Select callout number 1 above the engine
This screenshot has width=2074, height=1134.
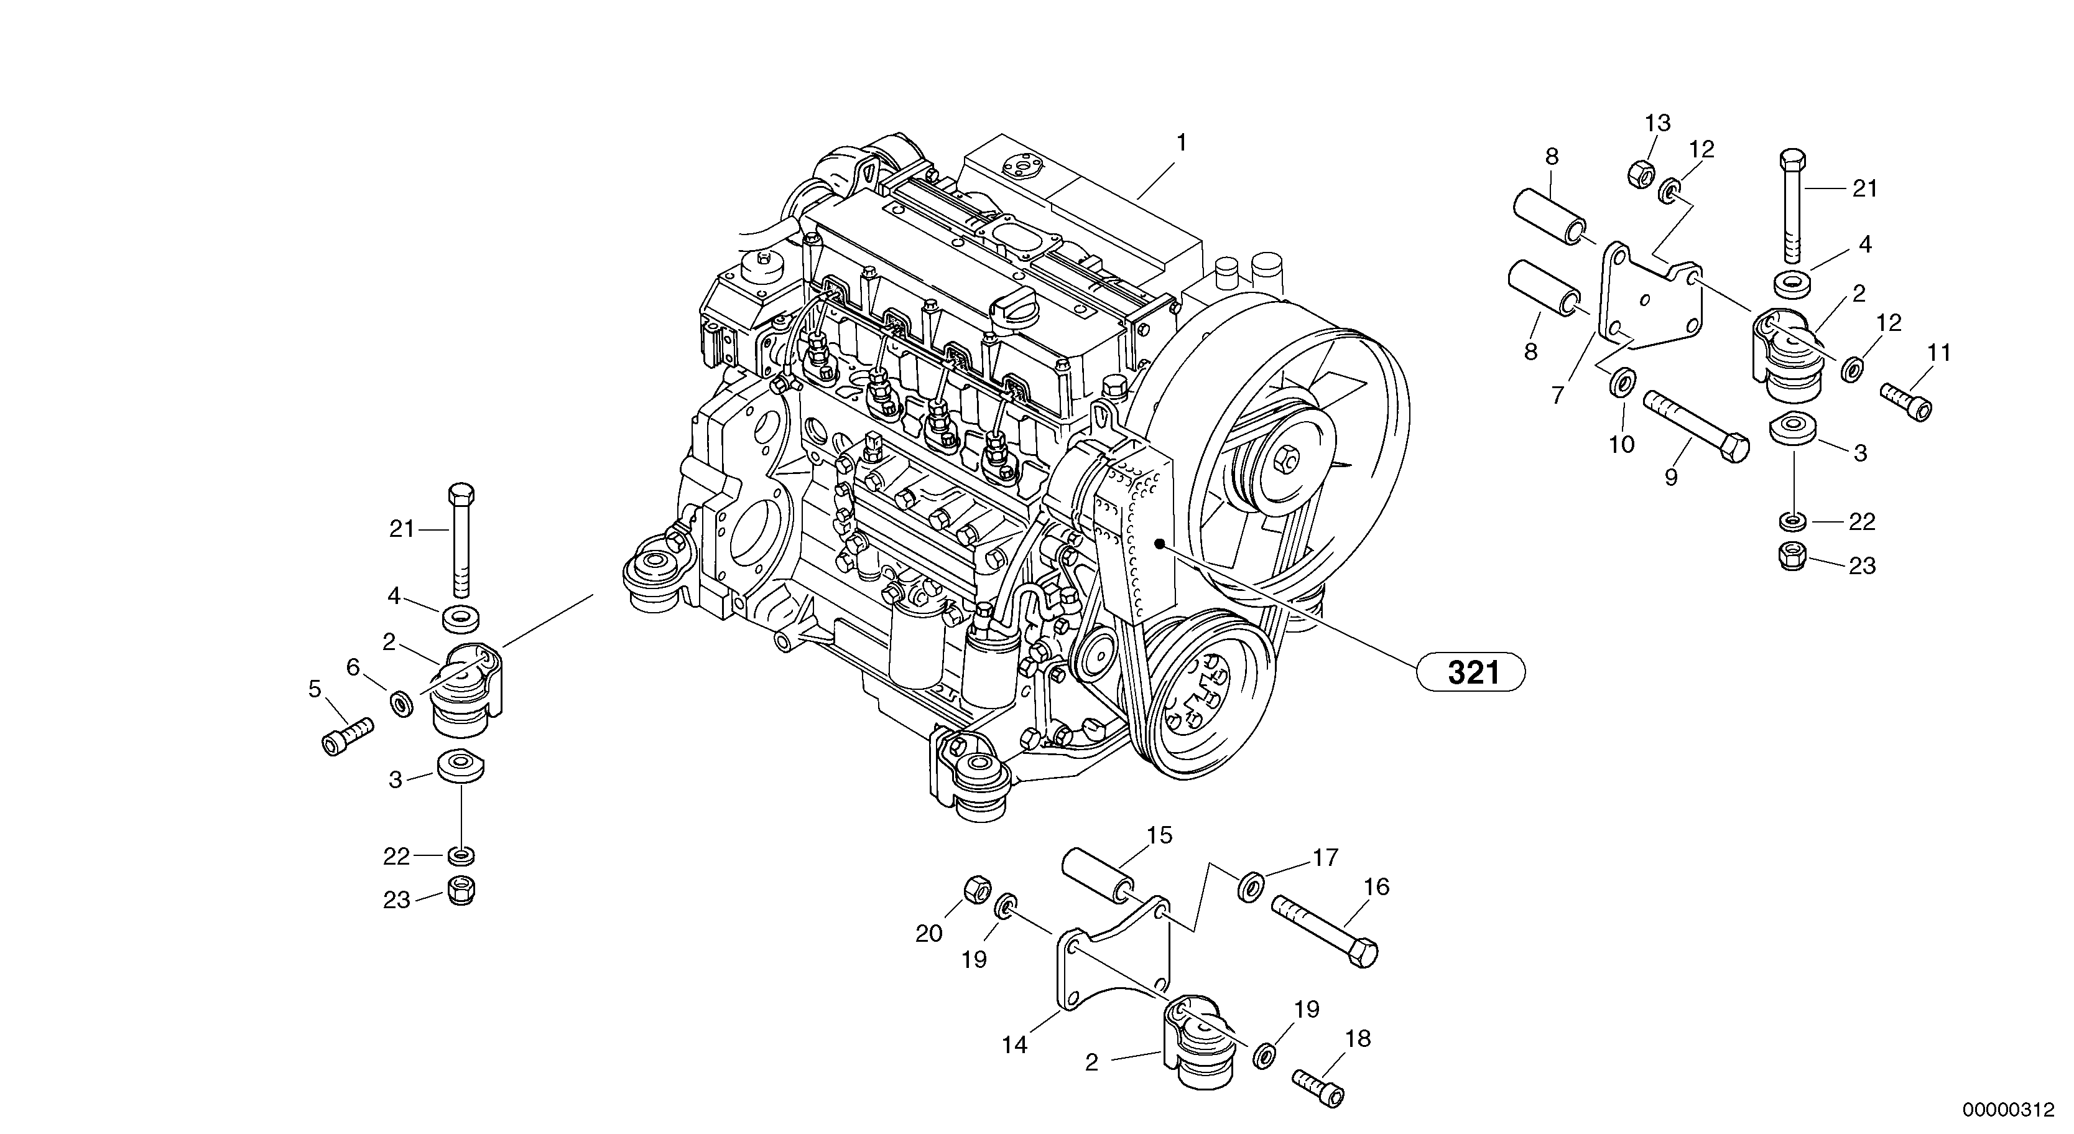(x=1181, y=143)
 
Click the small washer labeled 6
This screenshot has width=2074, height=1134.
(x=402, y=703)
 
